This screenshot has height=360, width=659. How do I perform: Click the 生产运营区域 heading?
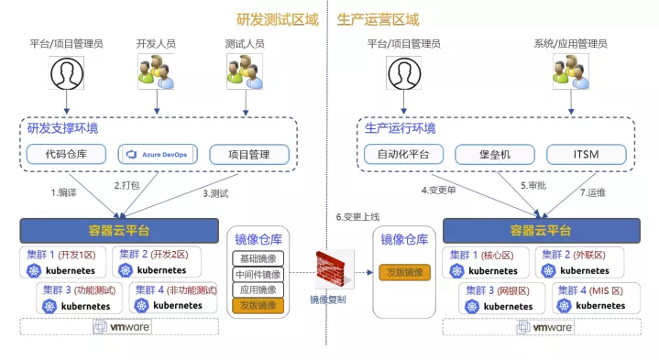378,18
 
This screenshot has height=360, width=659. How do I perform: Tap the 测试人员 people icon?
244,71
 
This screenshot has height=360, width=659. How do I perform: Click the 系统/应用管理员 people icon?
566,71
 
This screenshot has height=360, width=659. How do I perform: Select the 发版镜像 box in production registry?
403,272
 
